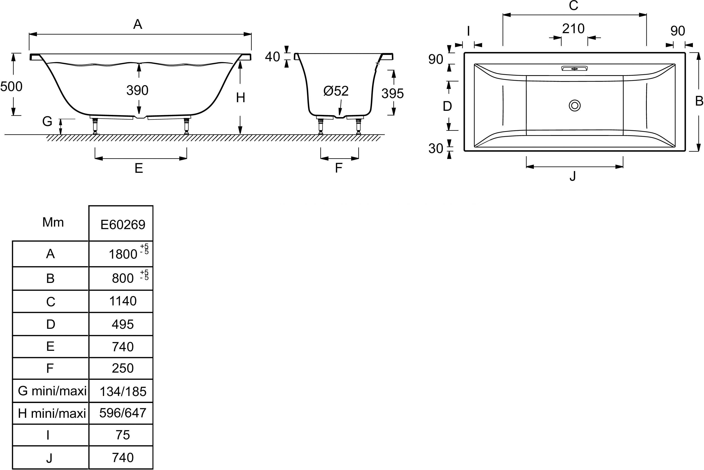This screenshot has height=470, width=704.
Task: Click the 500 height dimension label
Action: click(11, 87)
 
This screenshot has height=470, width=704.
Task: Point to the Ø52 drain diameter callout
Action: click(336, 91)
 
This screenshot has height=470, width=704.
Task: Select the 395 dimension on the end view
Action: click(392, 94)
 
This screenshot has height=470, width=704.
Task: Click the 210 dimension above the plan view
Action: click(573, 29)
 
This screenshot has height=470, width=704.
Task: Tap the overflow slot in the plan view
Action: click(574, 69)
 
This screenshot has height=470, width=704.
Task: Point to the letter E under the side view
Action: click(139, 168)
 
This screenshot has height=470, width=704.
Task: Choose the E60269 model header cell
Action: click(123, 225)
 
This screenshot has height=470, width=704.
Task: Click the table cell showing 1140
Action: click(123, 301)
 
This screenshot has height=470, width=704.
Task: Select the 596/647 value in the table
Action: click(123, 413)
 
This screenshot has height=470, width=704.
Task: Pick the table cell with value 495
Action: click(123, 324)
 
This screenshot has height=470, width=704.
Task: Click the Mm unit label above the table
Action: click(53, 223)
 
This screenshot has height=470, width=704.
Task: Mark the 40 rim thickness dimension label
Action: click(272, 57)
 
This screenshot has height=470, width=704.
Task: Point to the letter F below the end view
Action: click(339, 168)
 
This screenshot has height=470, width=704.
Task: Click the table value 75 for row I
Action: click(123, 435)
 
